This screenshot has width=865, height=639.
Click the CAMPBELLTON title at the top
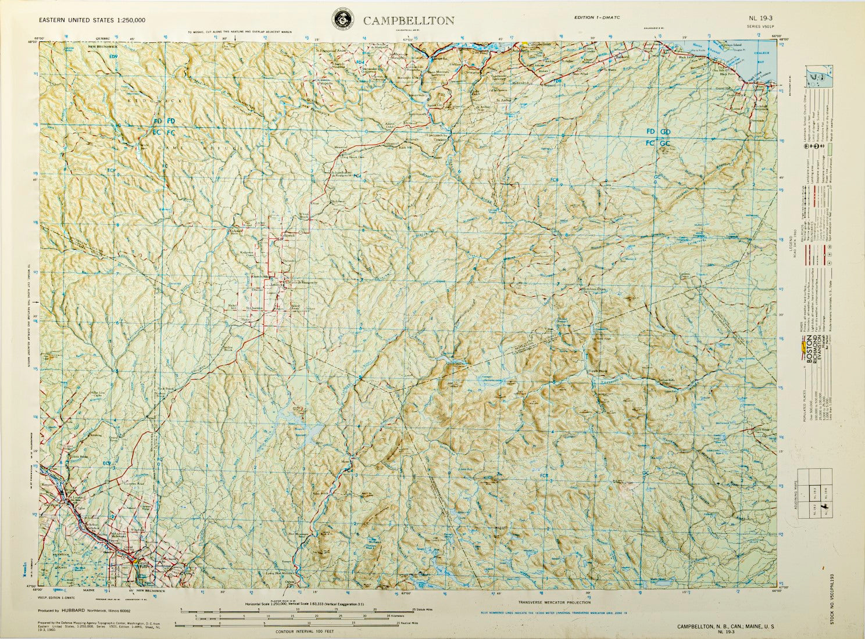pyautogui.click(x=409, y=21)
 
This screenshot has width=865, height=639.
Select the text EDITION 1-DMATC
pyautogui.click(x=597, y=17)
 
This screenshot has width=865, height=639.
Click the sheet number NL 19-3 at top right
pyautogui.click(x=760, y=18)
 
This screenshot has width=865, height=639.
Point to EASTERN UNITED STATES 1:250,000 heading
pyautogui.click(x=92, y=20)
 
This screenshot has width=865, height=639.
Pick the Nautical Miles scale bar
pyautogui.click(x=296, y=625)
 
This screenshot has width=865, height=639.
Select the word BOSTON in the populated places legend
pyautogui.click(x=807, y=352)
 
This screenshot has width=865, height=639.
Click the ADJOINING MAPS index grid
pyautogui.click(x=816, y=494)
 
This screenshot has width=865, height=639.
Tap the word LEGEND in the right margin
pyautogui.click(x=791, y=248)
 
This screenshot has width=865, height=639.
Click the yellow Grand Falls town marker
pyautogui.click(x=134, y=561)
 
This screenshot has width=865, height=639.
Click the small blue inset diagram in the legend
pyautogui.click(x=817, y=77)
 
